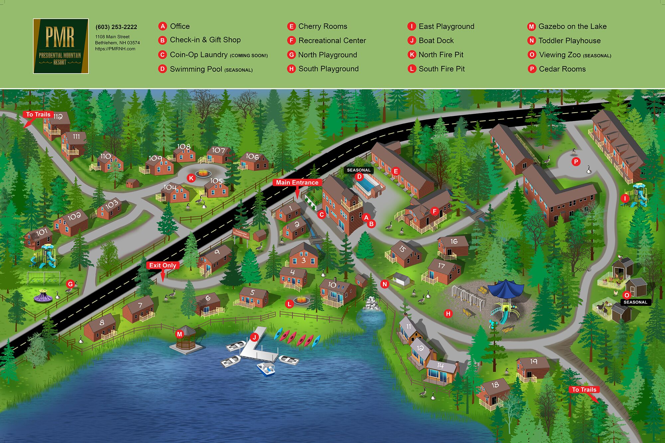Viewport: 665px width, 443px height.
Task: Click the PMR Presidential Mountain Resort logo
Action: [61, 46]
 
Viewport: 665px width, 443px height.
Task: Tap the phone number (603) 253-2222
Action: [116, 27]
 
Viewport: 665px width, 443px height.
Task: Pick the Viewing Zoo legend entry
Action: [569, 55]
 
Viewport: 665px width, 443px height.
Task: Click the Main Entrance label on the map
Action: [297, 182]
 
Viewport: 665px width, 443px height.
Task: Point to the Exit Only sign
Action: [163, 265]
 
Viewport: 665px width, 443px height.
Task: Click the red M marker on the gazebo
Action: [180, 334]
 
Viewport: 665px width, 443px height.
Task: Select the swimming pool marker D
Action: [359, 176]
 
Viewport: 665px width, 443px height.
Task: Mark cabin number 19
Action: [532, 368]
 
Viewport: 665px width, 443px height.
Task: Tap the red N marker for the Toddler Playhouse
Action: [385, 284]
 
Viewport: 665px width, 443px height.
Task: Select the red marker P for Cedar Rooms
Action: [576, 162]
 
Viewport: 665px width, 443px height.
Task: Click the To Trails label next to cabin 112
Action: [38, 114]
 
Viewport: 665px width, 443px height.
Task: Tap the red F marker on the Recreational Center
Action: [434, 211]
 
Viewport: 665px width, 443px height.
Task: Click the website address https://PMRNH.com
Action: [115, 49]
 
